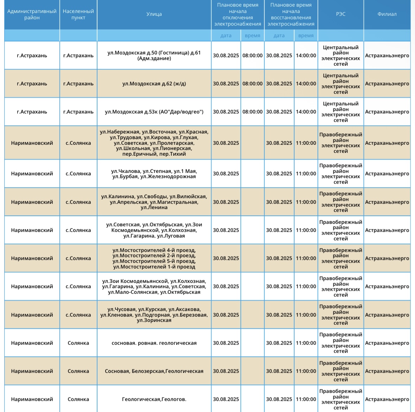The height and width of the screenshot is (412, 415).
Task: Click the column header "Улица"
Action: (x=154, y=14)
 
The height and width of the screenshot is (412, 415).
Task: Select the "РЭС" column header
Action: (x=341, y=14)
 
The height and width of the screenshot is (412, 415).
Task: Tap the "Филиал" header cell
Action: (x=387, y=14)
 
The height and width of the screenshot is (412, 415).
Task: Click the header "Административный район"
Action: (x=32, y=14)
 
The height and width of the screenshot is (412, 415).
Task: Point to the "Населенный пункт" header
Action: (x=78, y=14)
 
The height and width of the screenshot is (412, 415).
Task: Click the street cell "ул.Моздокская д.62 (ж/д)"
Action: (x=154, y=84)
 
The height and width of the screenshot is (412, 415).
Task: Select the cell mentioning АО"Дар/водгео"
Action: (x=154, y=112)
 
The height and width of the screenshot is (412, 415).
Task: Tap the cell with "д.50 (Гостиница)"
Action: (x=154, y=56)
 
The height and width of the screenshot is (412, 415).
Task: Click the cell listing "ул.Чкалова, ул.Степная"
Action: (x=154, y=174)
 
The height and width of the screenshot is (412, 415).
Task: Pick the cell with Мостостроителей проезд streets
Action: (x=154, y=258)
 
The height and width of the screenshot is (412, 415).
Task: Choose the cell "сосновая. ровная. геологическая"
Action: (x=154, y=343)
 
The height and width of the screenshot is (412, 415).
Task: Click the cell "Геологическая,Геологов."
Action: (x=154, y=399)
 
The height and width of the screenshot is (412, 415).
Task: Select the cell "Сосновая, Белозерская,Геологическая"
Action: (x=154, y=371)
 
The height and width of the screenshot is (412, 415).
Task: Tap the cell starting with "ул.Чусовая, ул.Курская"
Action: (x=154, y=315)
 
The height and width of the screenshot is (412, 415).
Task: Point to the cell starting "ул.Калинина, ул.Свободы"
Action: (x=154, y=202)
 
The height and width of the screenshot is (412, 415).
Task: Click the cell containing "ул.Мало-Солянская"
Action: (x=154, y=287)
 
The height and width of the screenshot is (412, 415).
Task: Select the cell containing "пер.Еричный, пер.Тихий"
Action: (x=154, y=143)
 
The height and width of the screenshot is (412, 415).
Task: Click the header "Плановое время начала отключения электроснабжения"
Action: (x=238, y=14)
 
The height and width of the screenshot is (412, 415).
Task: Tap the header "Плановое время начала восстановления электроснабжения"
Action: (x=291, y=14)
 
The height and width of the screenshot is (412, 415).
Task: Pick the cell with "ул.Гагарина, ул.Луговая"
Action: (x=154, y=230)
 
